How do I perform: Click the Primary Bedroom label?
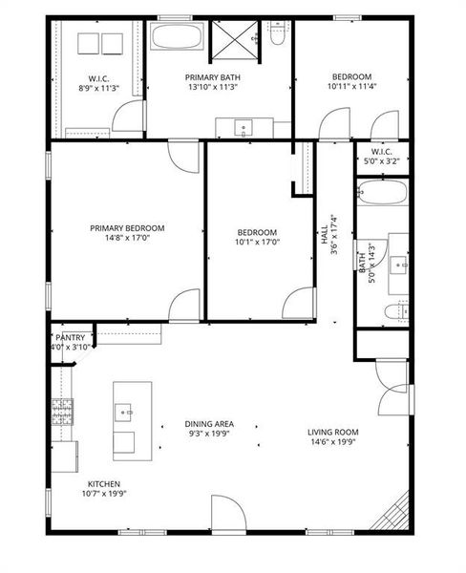tap(127, 228)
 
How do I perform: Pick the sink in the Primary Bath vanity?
tap(242, 126)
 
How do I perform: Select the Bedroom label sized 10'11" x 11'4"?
tap(351, 76)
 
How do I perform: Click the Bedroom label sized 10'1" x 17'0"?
tap(257, 233)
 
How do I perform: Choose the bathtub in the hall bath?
tap(383, 194)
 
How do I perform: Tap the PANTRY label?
tap(72, 337)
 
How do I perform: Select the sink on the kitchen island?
tap(124, 412)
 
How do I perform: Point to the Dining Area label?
tap(210, 424)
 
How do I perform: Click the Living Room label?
tap(332, 432)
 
